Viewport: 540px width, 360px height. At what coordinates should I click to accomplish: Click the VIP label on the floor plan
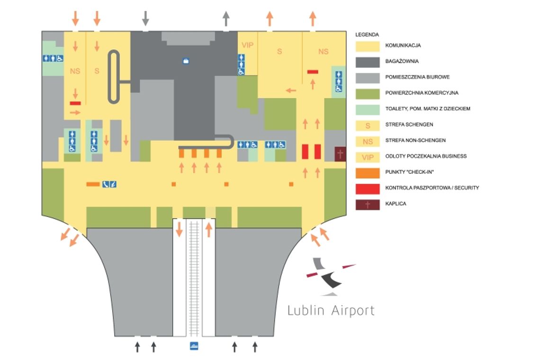pos(247,45)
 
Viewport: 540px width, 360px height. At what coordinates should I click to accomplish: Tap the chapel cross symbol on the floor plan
pos(340,153)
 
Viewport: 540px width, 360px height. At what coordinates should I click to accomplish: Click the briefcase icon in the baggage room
pos(186,61)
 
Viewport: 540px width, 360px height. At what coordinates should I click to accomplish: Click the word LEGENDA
pos(367,35)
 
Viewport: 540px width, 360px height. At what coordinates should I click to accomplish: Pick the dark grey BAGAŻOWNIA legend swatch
pos(368,62)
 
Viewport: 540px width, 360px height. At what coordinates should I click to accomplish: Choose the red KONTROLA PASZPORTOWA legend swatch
pos(368,188)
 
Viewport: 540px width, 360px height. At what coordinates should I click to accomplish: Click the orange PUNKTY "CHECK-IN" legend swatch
pos(368,172)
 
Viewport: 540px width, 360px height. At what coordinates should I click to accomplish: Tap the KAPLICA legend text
pos(396,204)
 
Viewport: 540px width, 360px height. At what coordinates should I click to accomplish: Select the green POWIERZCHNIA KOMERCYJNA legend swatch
pos(368,93)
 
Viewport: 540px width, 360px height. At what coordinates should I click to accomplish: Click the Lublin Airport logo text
pos(331,310)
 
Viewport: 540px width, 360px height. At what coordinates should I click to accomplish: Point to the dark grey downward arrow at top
pos(145,18)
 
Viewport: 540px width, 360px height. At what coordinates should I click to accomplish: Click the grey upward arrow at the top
pos(226,18)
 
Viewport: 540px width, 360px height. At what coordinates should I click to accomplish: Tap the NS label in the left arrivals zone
pos(75,72)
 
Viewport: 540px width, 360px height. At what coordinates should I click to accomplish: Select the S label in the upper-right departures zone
pos(279,51)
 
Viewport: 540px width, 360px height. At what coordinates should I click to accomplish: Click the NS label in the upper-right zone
pos(323,51)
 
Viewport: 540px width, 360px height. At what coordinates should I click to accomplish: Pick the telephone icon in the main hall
pos(105,184)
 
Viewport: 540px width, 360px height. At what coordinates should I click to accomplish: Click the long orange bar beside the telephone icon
pos(93,184)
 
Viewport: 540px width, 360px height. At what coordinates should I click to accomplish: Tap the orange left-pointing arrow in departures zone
pos(291,90)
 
